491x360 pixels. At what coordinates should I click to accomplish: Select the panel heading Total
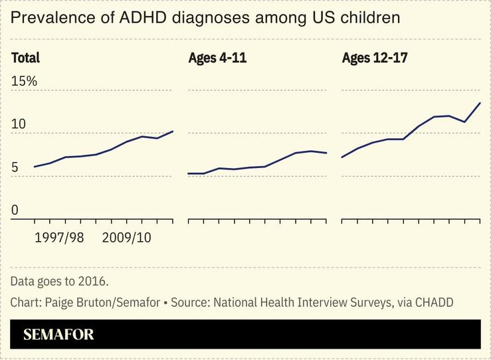coord(25,58)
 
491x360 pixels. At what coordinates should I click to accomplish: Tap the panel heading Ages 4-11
coord(217,58)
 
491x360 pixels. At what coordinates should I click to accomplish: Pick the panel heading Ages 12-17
coord(374,58)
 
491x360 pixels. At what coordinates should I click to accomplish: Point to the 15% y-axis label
coord(24,81)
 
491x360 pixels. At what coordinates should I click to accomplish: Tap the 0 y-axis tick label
coord(15,211)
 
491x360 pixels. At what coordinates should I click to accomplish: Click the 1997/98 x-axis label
coord(59,237)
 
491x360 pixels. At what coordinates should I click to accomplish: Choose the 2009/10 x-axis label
coord(127,237)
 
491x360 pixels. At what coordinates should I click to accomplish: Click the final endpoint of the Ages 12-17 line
coord(480,103)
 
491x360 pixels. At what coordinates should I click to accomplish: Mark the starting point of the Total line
coord(34,167)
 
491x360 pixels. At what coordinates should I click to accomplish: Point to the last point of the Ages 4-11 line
coord(326,153)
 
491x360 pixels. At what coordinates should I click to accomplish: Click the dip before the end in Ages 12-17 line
coord(464,122)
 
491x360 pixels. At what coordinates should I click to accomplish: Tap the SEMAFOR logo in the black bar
coord(58,335)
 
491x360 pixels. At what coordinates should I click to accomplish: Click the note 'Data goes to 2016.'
coord(59,280)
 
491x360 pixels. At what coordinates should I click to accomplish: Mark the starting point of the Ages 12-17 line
coord(342,157)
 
